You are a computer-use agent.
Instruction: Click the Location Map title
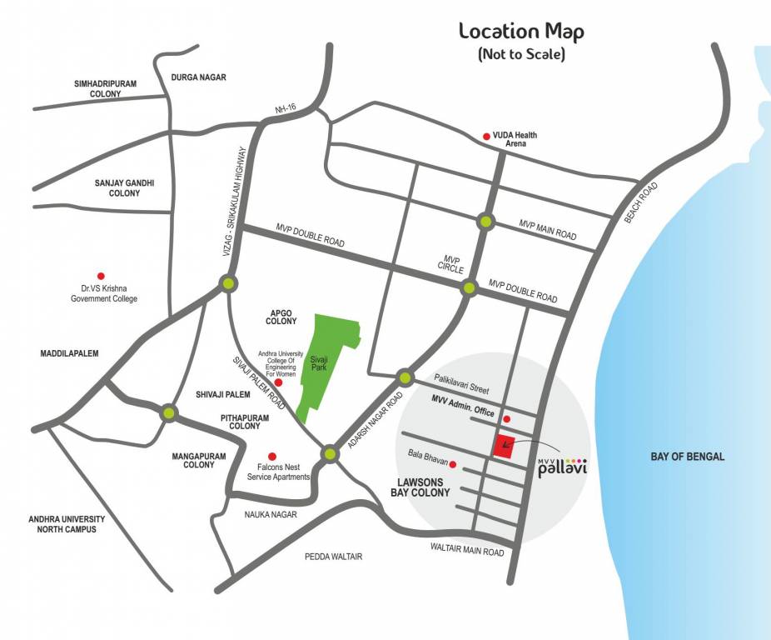521,32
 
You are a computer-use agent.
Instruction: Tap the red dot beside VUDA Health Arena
487,136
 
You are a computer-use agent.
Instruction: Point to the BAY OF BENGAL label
687,457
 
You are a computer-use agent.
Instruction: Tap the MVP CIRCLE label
452,264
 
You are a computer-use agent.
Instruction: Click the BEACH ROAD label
641,201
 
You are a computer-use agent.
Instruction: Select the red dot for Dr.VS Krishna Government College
102,276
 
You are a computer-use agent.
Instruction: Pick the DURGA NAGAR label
198,77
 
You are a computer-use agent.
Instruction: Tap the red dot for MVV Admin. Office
507,418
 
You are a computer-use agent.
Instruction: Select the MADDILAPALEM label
69,353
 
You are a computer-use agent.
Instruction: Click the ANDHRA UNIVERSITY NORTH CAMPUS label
67,523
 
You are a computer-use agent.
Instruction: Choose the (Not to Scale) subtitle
521,55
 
